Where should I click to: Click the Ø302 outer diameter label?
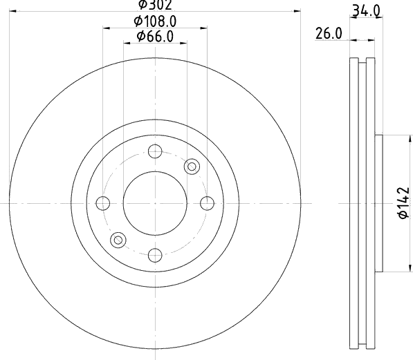pyautogui.click(x=156, y=5)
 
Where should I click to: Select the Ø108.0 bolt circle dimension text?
pyautogui.click(x=155, y=21)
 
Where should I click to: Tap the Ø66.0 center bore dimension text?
pyautogui.click(x=155, y=37)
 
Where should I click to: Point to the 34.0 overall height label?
pyautogui.click(x=366, y=11)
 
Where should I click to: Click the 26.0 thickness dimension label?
pyautogui.click(x=329, y=34)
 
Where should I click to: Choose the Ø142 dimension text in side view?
pyautogui.click(x=403, y=203)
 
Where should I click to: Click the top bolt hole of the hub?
pyautogui.click(x=155, y=151)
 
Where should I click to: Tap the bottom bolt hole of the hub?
pyautogui.click(x=155, y=255)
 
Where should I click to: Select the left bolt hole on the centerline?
pyautogui.click(x=103, y=203)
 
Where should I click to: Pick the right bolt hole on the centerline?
pyautogui.click(x=207, y=203)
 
